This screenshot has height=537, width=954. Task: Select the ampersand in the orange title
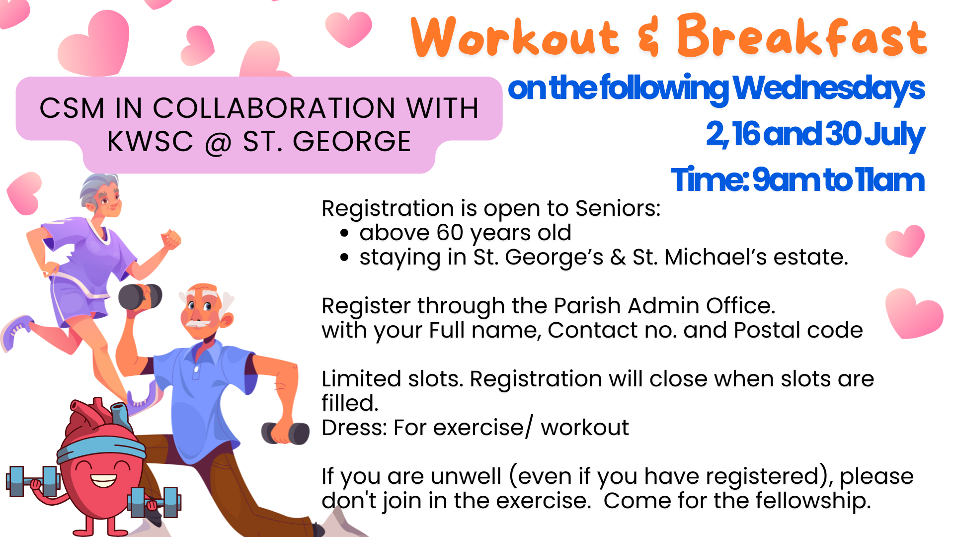[648, 36]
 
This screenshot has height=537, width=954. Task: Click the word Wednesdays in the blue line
[828, 88]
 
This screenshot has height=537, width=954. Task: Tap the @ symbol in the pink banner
[218, 142]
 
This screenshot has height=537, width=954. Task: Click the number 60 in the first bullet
[450, 233]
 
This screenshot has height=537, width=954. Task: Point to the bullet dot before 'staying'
[345, 257]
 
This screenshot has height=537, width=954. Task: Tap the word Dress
[354, 428]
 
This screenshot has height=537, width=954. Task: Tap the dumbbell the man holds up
[140, 297]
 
